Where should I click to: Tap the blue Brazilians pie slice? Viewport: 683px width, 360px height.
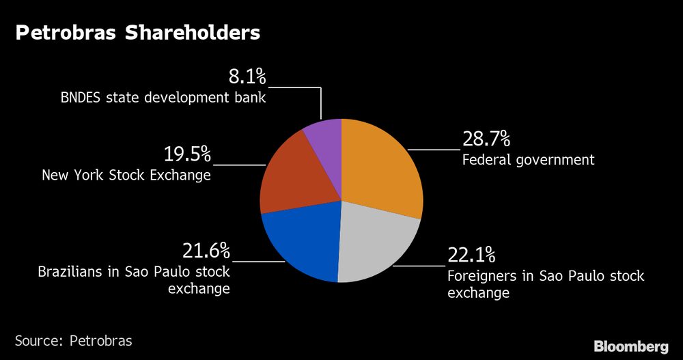pos(304,243)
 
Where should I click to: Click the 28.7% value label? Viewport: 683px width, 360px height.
pos(486,139)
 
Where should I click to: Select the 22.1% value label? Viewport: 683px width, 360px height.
pos(471,255)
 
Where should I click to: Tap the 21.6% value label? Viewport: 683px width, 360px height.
pos(206,251)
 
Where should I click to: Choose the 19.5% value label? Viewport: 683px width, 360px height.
pos(187,154)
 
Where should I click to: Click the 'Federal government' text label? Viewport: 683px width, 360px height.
pos(528,161)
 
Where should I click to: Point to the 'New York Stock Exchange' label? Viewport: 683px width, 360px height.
pos(126,176)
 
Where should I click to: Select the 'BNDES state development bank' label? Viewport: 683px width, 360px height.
pos(163,98)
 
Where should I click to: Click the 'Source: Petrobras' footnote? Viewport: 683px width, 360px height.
pos(74,340)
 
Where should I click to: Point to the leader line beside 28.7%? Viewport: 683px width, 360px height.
pos(433,149)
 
